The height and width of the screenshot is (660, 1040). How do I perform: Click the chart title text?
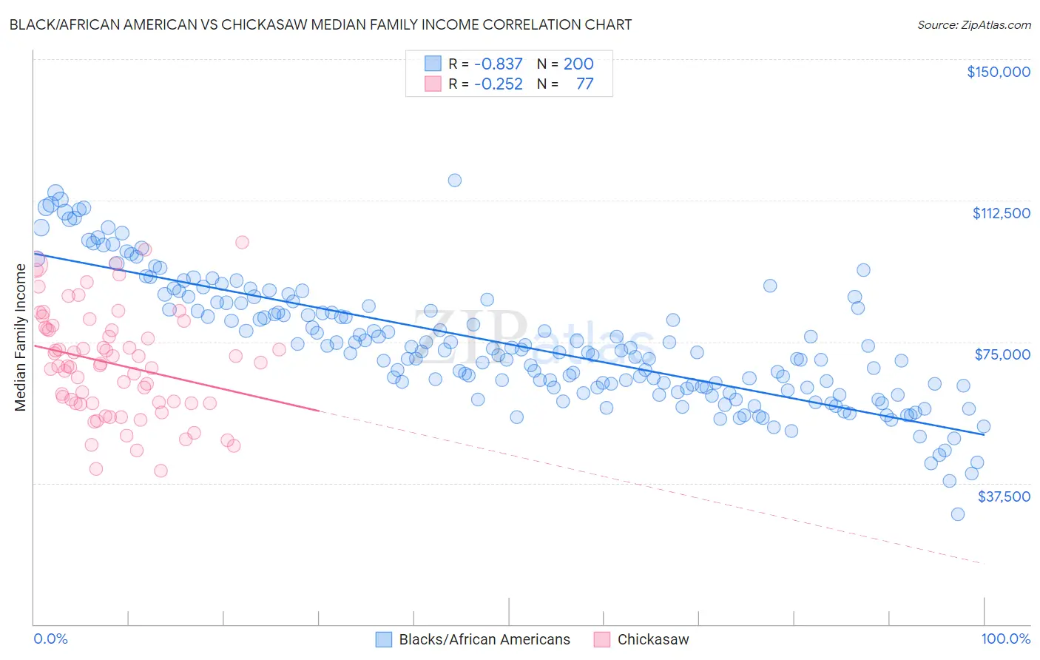[320, 24]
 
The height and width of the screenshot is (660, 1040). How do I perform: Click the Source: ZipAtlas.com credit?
[973, 24]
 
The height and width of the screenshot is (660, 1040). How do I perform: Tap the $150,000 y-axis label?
[998, 72]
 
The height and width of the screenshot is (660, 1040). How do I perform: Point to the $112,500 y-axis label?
[1001, 213]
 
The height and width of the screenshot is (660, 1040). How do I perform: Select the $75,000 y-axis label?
[1002, 354]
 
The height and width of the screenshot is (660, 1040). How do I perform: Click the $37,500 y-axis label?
[1004, 496]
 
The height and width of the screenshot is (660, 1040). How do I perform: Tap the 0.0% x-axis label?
[50, 639]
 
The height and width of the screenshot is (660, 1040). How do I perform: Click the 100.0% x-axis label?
[1005, 639]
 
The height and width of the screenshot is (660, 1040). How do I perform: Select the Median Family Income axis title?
[21, 337]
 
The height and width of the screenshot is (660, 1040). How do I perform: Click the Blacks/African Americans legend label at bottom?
[484, 639]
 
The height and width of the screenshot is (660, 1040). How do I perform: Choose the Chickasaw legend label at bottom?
[652, 639]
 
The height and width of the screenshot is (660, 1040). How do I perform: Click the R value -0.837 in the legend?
[499, 64]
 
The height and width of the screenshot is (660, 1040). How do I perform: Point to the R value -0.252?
[499, 84]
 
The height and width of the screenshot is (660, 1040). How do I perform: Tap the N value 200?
[578, 64]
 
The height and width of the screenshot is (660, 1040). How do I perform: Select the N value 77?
[584, 84]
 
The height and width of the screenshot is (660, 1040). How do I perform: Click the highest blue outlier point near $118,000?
[455, 181]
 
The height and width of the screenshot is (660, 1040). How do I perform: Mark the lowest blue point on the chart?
[958, 514]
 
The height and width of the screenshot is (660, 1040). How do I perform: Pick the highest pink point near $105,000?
[242, 242]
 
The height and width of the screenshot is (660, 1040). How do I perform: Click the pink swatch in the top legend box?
[433, 84]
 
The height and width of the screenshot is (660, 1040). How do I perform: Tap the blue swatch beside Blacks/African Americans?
[383, 639]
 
